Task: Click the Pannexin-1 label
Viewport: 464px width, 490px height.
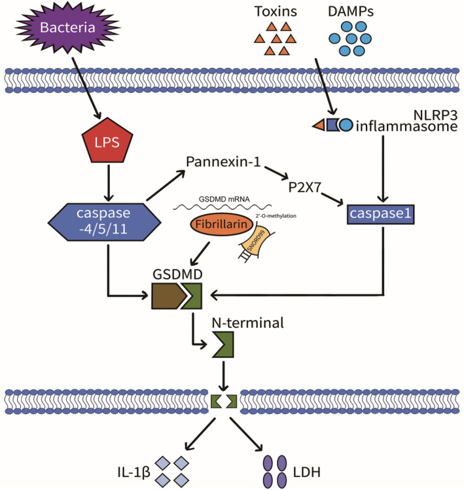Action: tap(223, 161)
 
